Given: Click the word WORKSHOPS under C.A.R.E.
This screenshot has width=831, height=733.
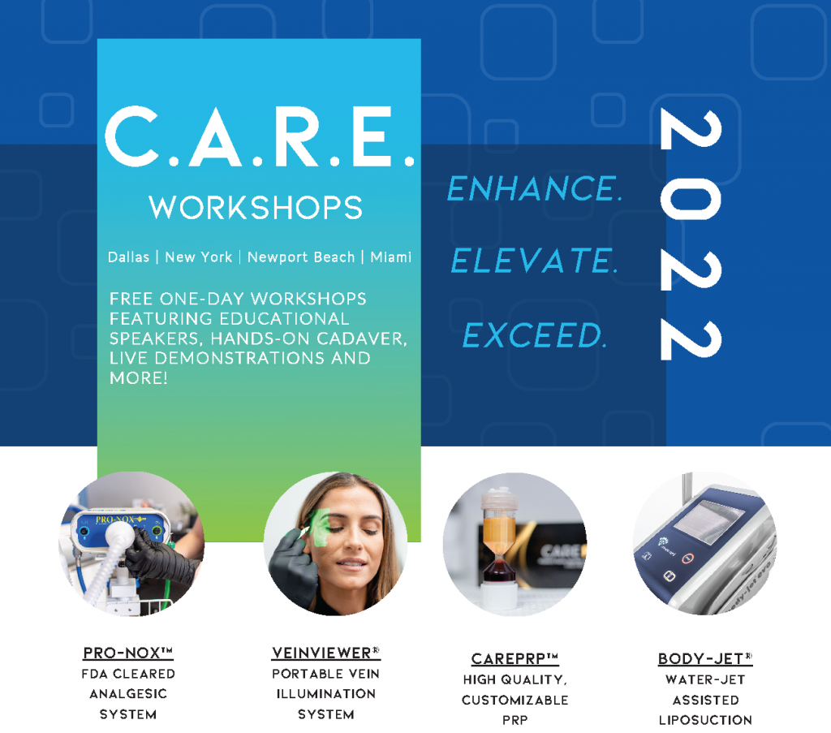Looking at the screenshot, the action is click(256, 207).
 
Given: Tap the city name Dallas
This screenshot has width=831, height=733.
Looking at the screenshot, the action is click(129, 257).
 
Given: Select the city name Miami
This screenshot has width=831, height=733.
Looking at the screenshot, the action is click(391, 257).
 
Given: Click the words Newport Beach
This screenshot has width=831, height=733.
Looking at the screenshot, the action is click(301, 257).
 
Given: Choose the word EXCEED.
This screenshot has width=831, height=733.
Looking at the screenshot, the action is click(534, 335).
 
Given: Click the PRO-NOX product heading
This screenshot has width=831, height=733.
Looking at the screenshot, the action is click(128, 653).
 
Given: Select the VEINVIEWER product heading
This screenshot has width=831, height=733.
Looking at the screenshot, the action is click(326, 653).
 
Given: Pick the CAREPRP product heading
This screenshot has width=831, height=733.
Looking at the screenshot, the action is click(515, 659).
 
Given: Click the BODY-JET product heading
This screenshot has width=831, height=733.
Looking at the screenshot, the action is click(705, 659).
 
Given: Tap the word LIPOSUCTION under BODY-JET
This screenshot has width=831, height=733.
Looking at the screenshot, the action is click(705, 720).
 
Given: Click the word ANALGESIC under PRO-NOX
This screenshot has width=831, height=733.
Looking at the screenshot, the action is click(128, 694).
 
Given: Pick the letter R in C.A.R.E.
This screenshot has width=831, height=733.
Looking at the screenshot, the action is click(298, 136).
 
